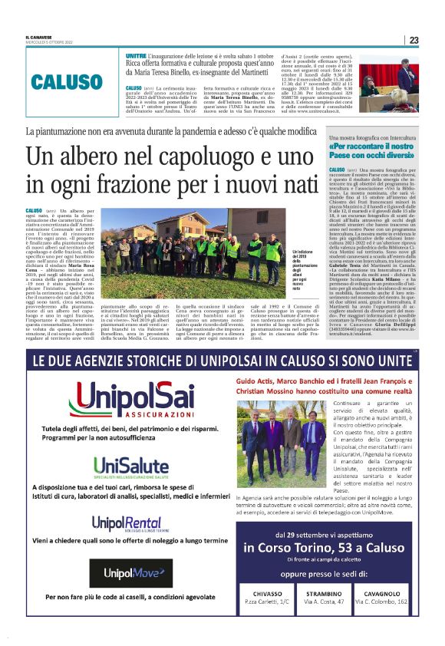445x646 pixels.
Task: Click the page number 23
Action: (414, 41)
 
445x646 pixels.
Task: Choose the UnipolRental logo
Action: (126, 525)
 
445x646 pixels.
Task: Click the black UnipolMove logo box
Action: (127, 572)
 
